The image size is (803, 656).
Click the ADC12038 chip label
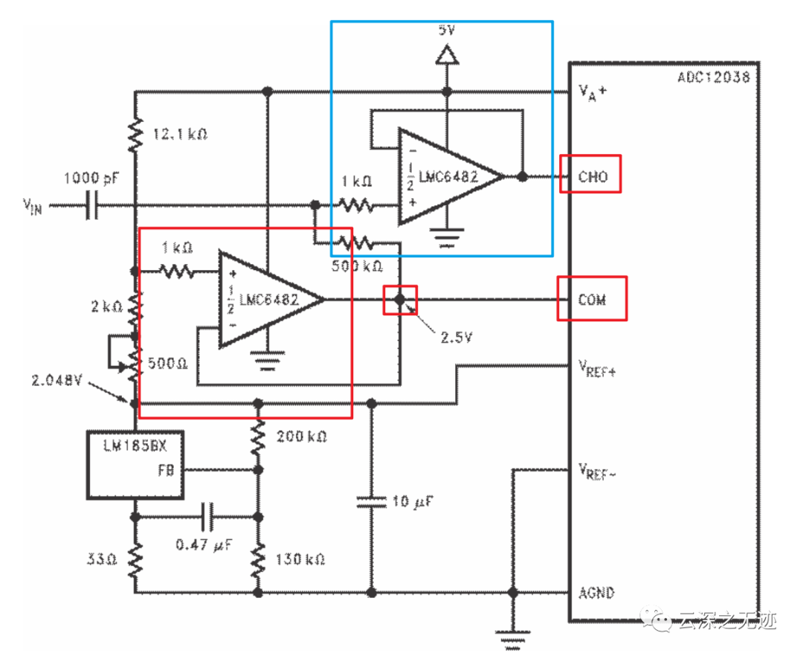[x=713, y=77]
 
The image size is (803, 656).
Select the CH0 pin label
[x=593, y=176]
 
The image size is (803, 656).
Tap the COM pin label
[x=592, y=300]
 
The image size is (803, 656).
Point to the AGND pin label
[x=597, y=593]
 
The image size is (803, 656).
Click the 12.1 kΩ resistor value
[x=179, y=135]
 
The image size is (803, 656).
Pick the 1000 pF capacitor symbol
[x=91, y=205]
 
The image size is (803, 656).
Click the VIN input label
[x=32, y=206]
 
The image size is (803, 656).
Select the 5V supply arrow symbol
[x=446, y=54]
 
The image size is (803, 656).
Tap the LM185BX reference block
[x=135, y=464]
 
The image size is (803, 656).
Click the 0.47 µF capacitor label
[x=204, y=544]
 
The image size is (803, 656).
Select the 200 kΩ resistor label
[x=300, y=436]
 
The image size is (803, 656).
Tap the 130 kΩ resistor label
[x=300, y=559]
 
